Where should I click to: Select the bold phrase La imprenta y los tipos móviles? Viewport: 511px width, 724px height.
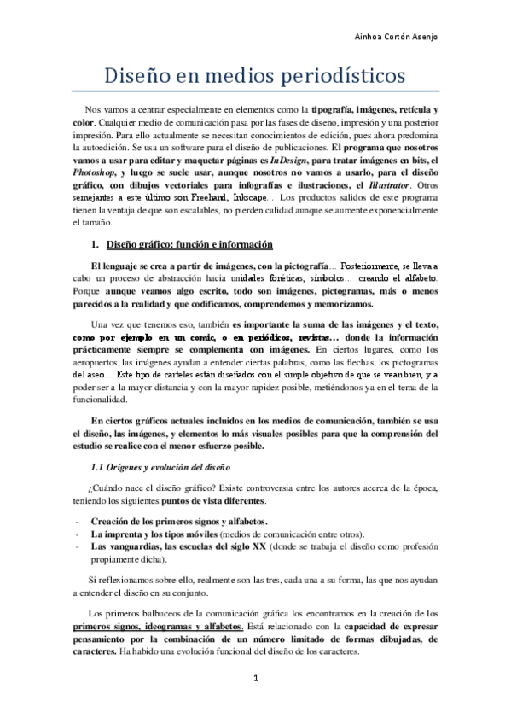click(154, 534)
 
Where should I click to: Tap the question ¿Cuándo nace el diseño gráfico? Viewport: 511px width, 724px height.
click(161, 488)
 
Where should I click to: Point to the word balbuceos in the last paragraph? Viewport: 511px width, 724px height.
click(152, 613)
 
